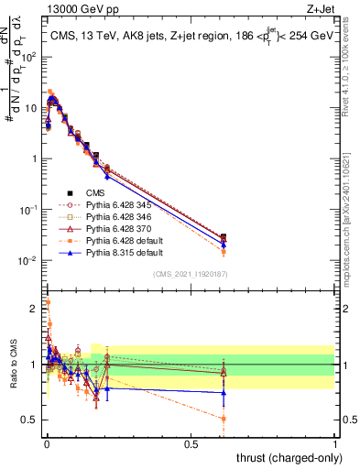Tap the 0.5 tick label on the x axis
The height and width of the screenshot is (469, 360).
[x=191, y=443]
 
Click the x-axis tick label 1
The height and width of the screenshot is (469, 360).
[x=335, y=443]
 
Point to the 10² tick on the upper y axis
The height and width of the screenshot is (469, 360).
[x=32, y=57]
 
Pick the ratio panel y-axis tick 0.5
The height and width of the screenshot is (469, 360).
[x=31, y=420]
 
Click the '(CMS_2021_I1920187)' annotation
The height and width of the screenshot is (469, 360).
[x=190, y=273]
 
